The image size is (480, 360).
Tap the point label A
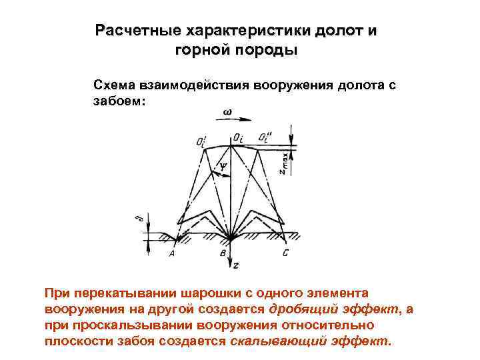[x=173, y=254]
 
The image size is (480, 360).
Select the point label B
[x=221, y=254]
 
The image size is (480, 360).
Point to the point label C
[x=285, y=253]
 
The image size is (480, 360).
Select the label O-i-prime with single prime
[x=201, y=141]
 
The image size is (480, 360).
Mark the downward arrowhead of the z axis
[x=229, y=262]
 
